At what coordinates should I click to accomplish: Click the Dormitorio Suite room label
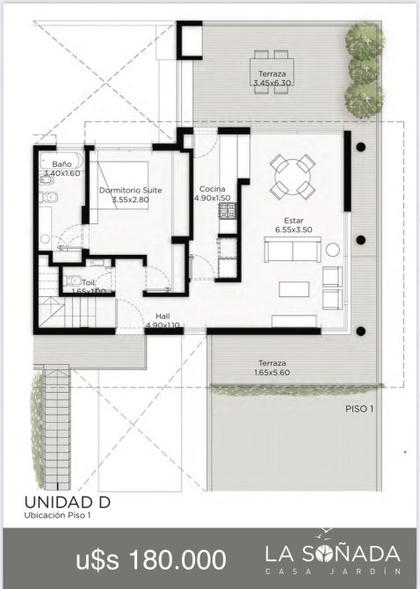point(131,191)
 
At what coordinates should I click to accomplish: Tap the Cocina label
point(213,189)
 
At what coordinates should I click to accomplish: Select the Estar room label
point(293,221)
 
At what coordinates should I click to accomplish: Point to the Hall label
point(163,316)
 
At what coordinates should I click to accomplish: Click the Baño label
point(62,164)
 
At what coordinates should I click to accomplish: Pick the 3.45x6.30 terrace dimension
point(272,83)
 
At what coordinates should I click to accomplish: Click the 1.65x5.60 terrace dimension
point(272,373)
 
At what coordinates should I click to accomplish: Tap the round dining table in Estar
point(293,177)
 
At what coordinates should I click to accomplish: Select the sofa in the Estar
point(293,250)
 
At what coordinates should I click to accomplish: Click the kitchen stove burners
point(228,211)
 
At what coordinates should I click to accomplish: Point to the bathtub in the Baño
point(61,161)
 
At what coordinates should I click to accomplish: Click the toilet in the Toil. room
point(73,280)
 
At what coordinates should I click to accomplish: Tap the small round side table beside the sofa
point(332,250)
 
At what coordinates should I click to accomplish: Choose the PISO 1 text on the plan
point(359,409)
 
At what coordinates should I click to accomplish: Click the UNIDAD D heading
point(68,502)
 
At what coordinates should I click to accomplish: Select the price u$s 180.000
point(151,559)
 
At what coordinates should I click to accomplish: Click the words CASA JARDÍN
point(332,571)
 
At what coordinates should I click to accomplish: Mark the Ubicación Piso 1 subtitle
point(57,515)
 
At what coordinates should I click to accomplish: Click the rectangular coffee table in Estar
point(294,289)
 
